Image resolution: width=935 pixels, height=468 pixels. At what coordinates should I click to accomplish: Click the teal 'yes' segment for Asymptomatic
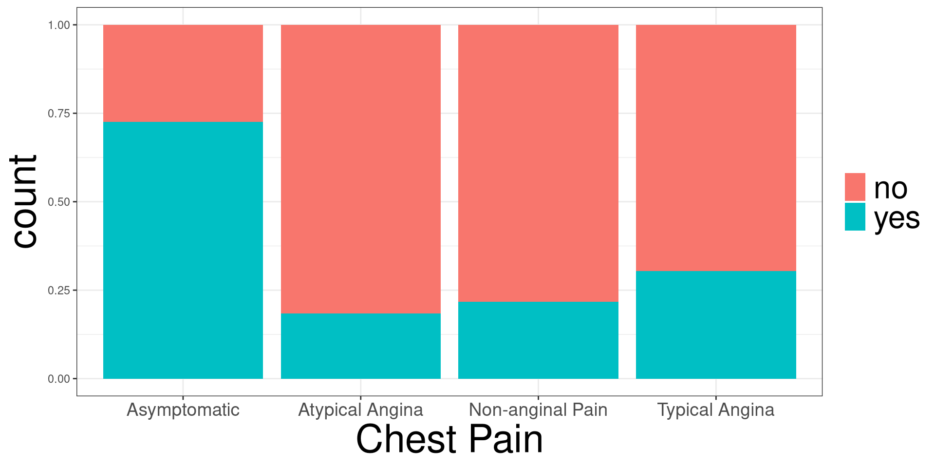click(183, 250)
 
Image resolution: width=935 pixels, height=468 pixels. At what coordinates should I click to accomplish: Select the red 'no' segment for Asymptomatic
click(183, 73)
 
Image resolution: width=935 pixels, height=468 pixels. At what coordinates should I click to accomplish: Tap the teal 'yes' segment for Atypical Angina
click(361, 346)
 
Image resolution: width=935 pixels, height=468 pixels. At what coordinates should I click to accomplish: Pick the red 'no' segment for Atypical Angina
click(361, 169)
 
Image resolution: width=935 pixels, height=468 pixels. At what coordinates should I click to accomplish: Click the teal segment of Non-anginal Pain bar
click(538, 340)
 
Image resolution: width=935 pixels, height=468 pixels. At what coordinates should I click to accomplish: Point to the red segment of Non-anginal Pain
click(538, 163)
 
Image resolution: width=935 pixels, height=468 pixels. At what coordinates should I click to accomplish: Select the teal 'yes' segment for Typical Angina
click(716, 324)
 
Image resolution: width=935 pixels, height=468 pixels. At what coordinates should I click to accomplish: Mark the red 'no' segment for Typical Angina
click(716, 148)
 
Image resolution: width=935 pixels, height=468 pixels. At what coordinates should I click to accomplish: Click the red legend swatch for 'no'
click(855, 187)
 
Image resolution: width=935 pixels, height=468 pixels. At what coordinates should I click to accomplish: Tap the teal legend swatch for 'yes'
click(855, 217)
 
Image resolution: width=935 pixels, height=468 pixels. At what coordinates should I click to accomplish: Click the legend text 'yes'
click(897, 218)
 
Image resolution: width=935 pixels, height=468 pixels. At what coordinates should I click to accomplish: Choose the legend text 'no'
click(891, 188)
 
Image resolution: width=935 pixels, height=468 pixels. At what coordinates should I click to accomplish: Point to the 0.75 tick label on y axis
click(59, 114)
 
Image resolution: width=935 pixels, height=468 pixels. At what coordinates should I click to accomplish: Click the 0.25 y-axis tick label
click(59, 291)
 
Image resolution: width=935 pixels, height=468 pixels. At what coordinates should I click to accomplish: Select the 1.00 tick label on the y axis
click(59, 25)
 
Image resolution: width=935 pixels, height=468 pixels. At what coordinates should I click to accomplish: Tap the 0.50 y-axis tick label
click(59, 202)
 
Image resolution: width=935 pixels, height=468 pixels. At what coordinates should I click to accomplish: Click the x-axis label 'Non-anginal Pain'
click(538, 409)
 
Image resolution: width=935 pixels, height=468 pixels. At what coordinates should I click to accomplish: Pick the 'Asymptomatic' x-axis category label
click(183, 409)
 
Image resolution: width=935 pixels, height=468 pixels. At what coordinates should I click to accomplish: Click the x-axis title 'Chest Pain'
click(449, 439)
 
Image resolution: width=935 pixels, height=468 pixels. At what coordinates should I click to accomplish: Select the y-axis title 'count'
click(24, 201)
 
